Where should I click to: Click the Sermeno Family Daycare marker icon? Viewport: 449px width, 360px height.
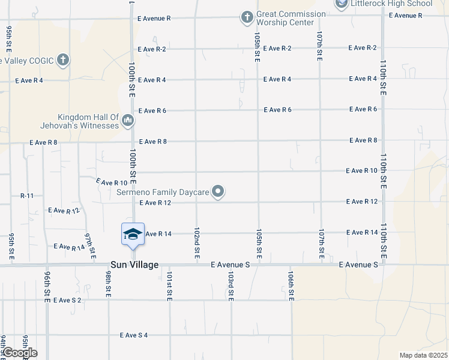click(218, 192)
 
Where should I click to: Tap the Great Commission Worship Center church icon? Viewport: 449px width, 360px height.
click(247, 18)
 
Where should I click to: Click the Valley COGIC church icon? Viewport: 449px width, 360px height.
click(63, 60)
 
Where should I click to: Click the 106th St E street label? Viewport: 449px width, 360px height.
click(291, 285)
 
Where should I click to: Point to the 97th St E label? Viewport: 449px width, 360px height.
click(90, 246)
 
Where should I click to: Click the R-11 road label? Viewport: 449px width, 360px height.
click(28, 196)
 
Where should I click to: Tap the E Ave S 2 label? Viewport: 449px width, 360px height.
click(67, 300)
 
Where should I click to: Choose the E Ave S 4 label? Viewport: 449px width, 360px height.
click(133, 335)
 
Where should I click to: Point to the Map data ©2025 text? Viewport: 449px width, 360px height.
click(423, 355)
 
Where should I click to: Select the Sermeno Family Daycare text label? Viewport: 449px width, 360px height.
click(163, 192)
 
